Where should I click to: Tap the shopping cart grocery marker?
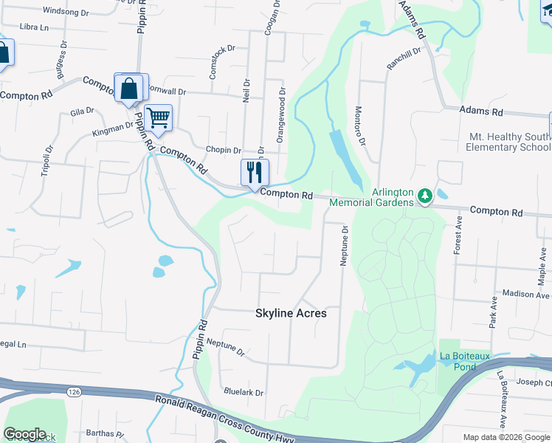pyautogui.click(x=158, y=117)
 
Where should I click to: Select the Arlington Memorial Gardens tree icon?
pyautogui.click(x=424, y=196)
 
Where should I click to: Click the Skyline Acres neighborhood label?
pyautogui.click(x=291, y=313)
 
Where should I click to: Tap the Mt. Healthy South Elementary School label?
pyautogui.click(x=508, y=142)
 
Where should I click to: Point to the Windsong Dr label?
pyautogui.click(x=66, y=11)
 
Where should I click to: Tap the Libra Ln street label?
pyautogui.click(x=34, y=27)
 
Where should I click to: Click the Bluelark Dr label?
pyautogui.click(x=243, y=393)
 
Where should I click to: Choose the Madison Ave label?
pyautogui.click(x=527, y=294)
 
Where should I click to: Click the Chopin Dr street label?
pyautogui.click(x=224, y=149)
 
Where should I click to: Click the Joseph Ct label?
pyautogui.click(x=534, y=382)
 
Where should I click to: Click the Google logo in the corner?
pyautogui.click(x=24, y=434)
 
